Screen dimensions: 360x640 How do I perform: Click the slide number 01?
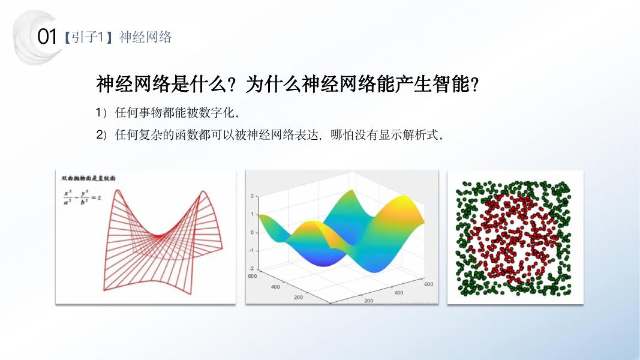(x=46, y=37)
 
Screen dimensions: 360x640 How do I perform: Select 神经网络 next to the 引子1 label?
(x=146, y=37)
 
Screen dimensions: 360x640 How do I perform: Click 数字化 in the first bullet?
(x=215, y=113)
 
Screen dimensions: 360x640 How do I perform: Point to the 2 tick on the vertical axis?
(x=253, y=196)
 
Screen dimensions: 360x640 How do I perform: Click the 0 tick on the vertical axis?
(x=253, y=232)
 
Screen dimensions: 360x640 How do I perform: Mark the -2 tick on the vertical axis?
(x=252, y=268)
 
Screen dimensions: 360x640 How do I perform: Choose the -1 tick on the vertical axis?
(x=252, y=250)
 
